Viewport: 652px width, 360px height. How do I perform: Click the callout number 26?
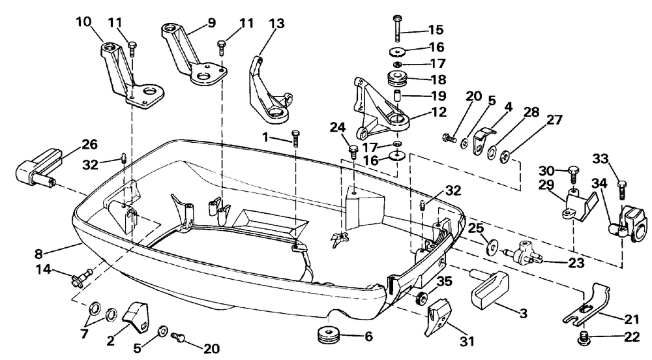click(89, 145)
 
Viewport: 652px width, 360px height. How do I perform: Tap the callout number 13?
click(276, 23)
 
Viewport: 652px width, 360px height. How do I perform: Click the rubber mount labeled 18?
click(398, 78)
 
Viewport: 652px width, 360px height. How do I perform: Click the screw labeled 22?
click(584, 338)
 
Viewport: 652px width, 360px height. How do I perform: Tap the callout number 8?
click(38, 252)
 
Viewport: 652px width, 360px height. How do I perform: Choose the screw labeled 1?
click(295, 138)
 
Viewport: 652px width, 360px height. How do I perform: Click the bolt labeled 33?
click(622, 190)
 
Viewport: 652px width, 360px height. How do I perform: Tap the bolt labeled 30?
click(573, 175)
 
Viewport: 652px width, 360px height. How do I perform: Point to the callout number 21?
click(632, 320)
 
